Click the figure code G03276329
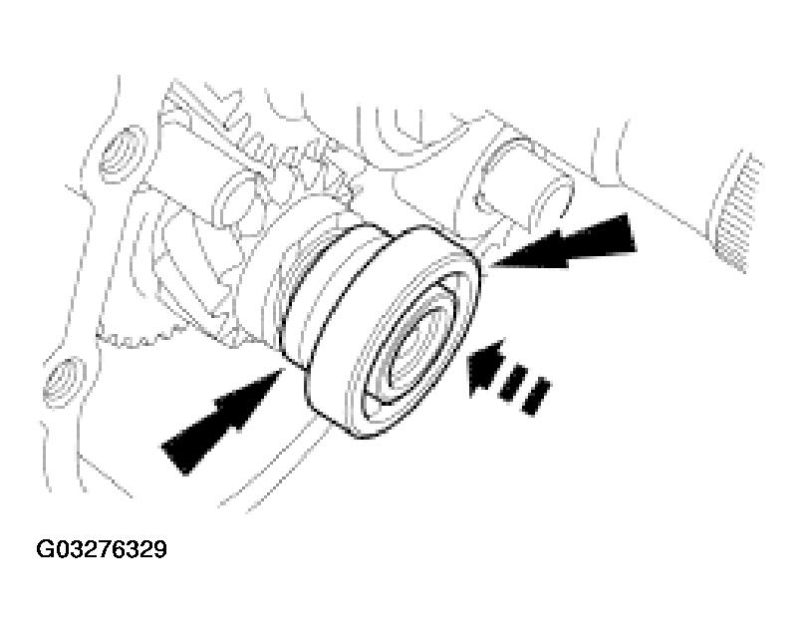pos(102,549)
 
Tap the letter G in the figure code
pos(44,549)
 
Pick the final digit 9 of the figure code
pos(160,549)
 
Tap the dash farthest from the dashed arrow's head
pos(536,396)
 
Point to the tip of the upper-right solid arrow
pos(490,265)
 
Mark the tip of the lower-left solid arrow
pos(283,369)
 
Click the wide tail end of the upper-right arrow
pos(631,233)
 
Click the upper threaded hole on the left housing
pos(123,154)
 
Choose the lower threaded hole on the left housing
pos(64,382)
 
